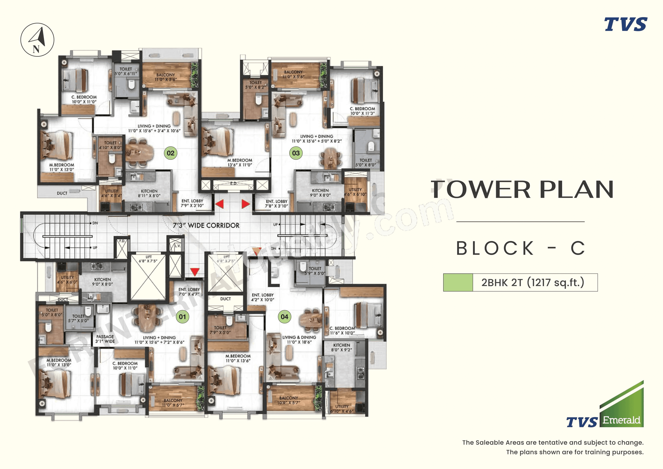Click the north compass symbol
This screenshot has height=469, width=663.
(37, 40)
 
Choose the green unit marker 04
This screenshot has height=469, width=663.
(284, 316)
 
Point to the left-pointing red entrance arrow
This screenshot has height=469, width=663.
(219, 204)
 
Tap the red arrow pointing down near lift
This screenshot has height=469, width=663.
(195, 272)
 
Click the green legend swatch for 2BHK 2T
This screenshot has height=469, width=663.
(458, 282)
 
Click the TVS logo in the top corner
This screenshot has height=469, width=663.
(626, 24)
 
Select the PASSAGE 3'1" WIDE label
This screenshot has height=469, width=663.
(105, 339)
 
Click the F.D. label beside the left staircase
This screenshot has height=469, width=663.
(122, 241)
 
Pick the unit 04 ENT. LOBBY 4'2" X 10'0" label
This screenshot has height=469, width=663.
(262, 297)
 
